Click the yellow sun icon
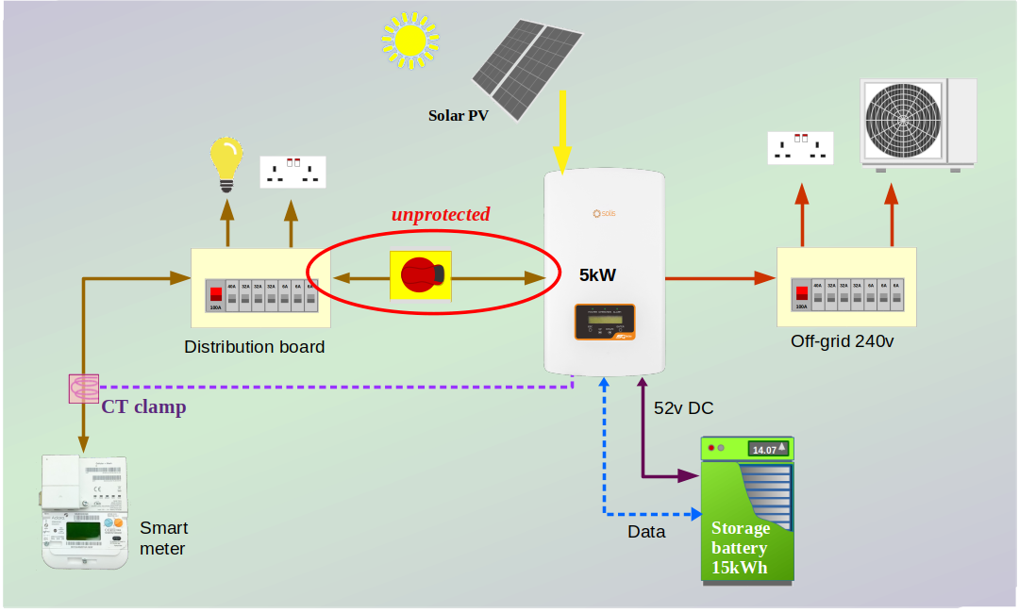point(410,40)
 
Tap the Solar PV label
point(459,116)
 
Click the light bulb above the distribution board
point(226,159)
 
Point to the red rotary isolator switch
point(421,274)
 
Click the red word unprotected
point(441,214)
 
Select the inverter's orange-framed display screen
point(606,323)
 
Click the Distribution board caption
point(255,347)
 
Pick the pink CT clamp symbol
point(84,388)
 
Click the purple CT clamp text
point(143,407)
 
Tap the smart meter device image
point(86,512)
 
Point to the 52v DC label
point(684,408)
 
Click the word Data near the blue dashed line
point(646,532)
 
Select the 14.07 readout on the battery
point(764,450)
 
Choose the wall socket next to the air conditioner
point(800,148)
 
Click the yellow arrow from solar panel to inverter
point(562,131)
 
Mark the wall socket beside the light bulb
point(292,172)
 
